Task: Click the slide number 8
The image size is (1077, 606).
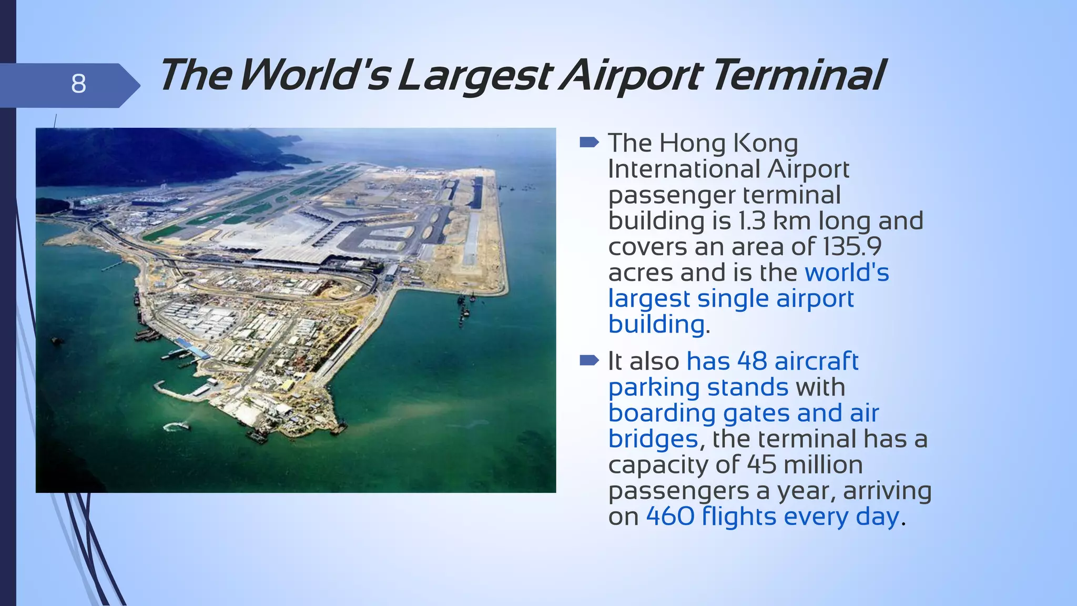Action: click(78, 84)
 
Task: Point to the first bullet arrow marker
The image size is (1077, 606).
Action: click(589, 142)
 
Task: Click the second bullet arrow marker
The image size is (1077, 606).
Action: click(589, 360)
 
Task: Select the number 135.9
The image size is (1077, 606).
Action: click(852, 247)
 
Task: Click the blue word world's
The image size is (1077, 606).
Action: click(847, 272)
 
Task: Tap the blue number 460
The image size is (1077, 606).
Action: click(670, 517)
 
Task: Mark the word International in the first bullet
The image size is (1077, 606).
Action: click(684, 169)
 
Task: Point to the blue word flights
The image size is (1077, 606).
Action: click(739, 517)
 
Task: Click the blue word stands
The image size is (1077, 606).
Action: click(747, 388)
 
